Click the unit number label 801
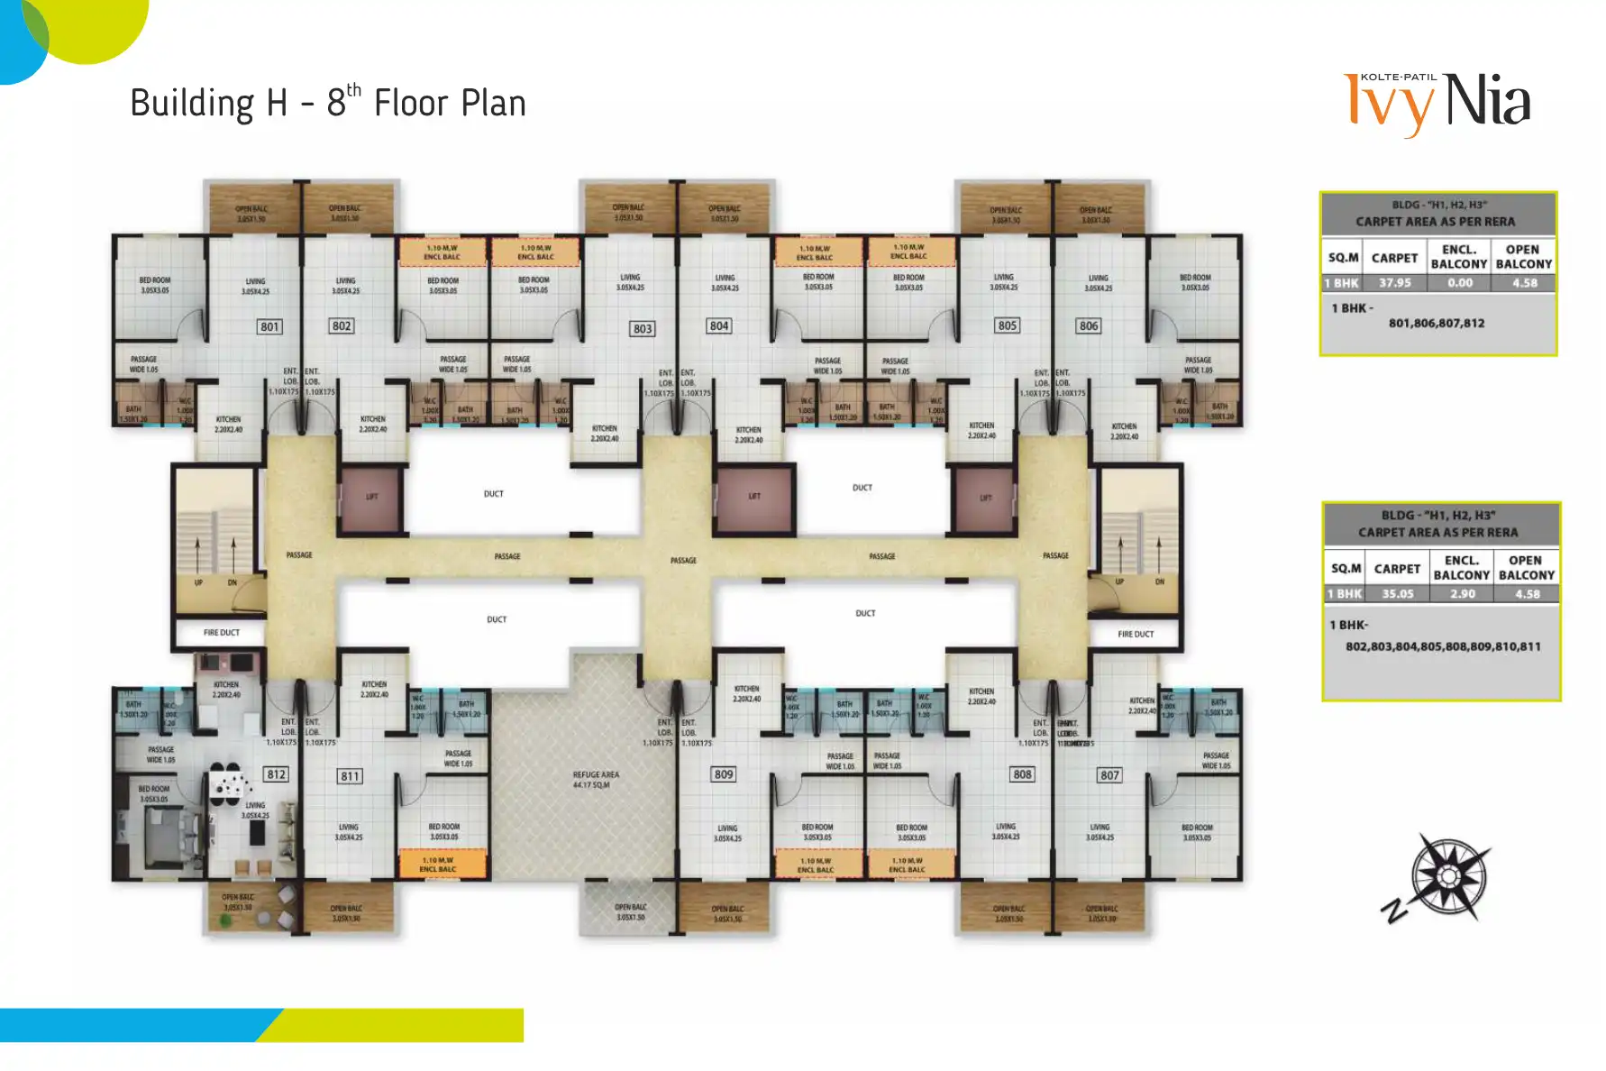pyautogui.click(x=269, y=326)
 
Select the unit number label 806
pyautogui.click(x=1089, y=325)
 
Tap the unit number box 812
pyautogui.click(x=276, y=774)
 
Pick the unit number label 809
pyautogui.click(x=724, y=774)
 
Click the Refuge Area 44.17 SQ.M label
pyautogui.click(x=596, y=780)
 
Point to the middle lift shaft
pyautogui.click(x=755, y=497)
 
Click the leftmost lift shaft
pyautogui.click(x=371, y=498)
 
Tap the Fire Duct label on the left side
pyautogui.click(x=222, y=633)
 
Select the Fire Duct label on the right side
pyautogui.click(x=1136, y=635)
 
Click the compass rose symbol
pyautogui.click(x=1448, y=876)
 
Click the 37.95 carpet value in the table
pyautogui.click(x=1394, y=283)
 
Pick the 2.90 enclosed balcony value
pyautogui.click(x=1463, y=594)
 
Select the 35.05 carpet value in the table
pyautogui.click(x=1398, y=594)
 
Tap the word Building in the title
pyautogui.click(x=192, y=104)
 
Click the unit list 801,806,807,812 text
pyautogui.click(x=1437, y=323)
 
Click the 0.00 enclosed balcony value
pyautogui.click(x=1460, y=283)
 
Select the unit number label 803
pyautogui.click(x=643, y=329)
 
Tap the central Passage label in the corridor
pyautogui.click(x=683, y=561)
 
